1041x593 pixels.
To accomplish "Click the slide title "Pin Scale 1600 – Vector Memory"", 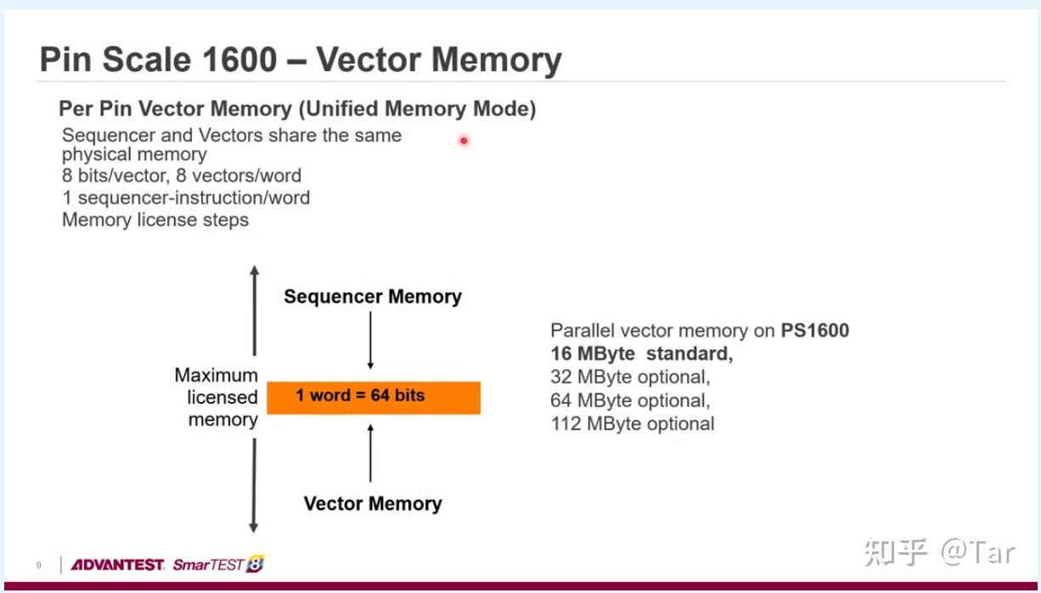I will [301, 60].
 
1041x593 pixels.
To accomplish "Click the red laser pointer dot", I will [464, 141].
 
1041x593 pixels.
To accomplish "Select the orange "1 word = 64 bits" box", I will [374, 397].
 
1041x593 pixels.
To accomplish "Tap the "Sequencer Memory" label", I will [373, 297].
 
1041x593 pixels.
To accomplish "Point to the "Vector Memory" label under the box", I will [373, 504].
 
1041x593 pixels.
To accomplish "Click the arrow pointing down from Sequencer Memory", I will [370, 340].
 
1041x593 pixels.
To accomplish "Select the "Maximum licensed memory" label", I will [216, 397].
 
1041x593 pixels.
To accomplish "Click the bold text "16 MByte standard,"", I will [641, 354].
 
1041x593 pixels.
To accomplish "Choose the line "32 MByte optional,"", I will [630, 377].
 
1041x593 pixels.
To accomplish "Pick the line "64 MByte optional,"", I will [630, 400].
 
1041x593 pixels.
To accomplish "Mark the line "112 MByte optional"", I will [633, 423].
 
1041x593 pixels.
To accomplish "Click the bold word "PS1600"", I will [814, 331].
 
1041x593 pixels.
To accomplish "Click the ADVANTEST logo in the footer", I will [117, 564].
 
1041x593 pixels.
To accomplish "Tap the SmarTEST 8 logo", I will [218, 564].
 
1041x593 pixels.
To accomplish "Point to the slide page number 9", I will [38, 565].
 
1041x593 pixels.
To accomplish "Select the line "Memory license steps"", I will [155, 221].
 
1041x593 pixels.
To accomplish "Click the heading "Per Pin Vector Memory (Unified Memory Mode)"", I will [297, 109].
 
